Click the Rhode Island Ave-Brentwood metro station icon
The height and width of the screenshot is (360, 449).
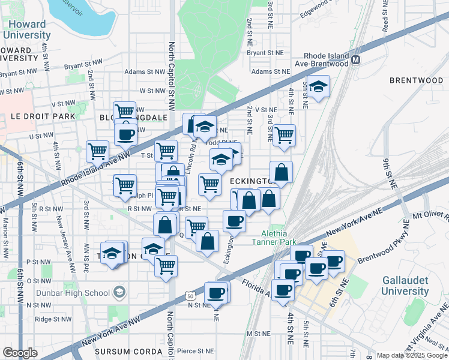click(x=356, y=59)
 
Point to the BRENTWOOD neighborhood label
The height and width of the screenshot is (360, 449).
click(x=415, y=80)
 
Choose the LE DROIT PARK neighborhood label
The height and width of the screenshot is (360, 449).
click(x=38, y=116)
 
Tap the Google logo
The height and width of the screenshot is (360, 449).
click(x=20, y=353)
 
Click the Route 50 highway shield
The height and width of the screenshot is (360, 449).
click(x=190, y=296)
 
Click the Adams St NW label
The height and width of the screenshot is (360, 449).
click(x=144, y=71)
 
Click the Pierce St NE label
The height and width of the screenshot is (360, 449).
click(x=197, y=350)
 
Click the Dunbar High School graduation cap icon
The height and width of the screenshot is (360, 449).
click(x=121, y=293)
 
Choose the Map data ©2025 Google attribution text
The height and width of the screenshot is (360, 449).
click(x=411, y=355)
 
